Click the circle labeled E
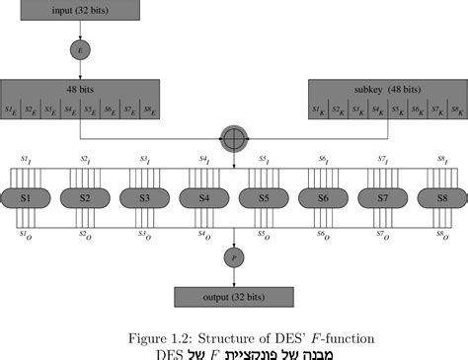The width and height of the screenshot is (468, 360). (80, 47)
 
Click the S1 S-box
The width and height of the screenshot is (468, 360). (25, 198)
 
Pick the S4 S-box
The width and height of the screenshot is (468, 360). (203, 198)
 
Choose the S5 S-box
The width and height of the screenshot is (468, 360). (264, 198)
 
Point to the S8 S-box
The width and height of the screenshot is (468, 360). (442, 198)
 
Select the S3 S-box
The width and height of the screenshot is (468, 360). (144, 198)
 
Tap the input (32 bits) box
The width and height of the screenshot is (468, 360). (80, 10)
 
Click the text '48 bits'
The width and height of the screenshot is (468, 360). (80, 87)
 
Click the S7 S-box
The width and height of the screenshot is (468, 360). (382, 198)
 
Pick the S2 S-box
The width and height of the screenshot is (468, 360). (84, 198)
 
